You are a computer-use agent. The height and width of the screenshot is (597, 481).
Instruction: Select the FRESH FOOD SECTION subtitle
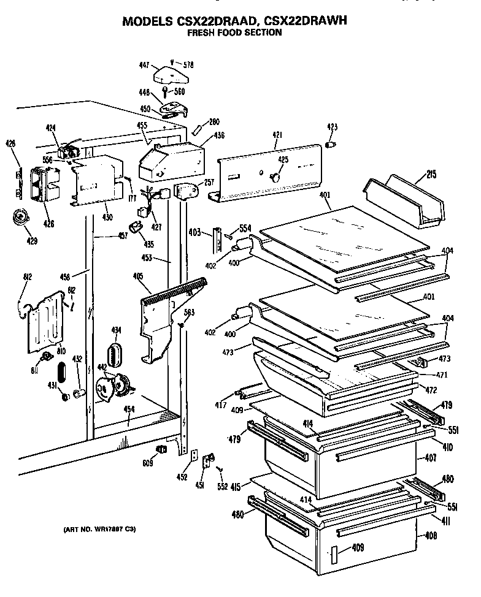[234, 33]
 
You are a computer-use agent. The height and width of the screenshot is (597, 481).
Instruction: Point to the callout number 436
[219, 136]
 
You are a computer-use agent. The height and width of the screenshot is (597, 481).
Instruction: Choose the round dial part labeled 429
[22, 217]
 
